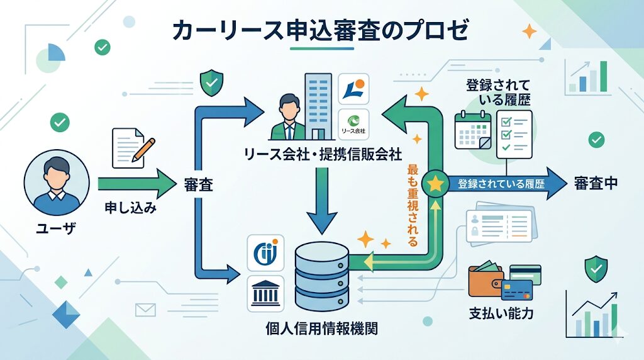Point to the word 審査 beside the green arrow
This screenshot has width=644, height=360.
coord(197,185)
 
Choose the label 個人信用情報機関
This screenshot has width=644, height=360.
coord(322,328)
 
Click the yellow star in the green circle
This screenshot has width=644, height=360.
coord(433,184)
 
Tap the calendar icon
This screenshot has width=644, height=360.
coord(472,129)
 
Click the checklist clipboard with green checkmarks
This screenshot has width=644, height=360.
coord(514,133)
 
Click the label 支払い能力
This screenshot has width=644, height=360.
coord(501,313)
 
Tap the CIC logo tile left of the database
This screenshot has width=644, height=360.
coord(265,252)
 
